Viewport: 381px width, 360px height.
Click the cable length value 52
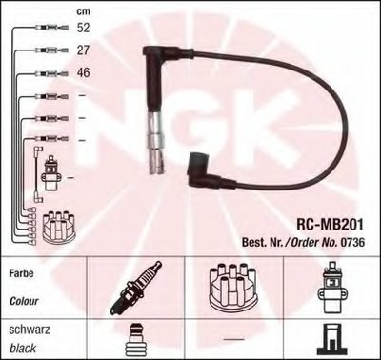point(84,28)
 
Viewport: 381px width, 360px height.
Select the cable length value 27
point(83,50)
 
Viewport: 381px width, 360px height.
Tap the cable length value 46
point(84,72)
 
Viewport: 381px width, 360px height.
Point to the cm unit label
point(84,11)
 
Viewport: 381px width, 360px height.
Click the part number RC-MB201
point(330,225)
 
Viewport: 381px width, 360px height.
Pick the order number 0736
point(352,243)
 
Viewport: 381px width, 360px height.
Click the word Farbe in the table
point(21,273)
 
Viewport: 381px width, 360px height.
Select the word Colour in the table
point(24,301)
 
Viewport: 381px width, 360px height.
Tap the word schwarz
point(30,330)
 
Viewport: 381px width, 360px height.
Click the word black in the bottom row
point(23,349)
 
